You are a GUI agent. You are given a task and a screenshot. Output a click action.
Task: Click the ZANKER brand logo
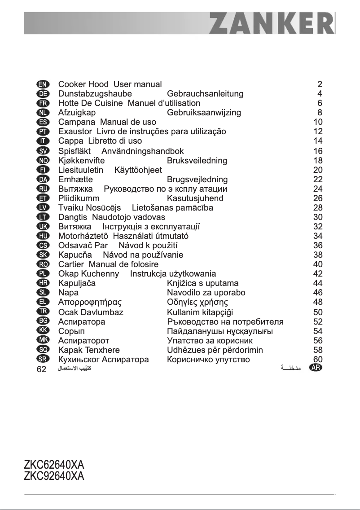[x=271, y=23]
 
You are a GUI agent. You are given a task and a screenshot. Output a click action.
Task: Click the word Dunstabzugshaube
[x=95, y=94]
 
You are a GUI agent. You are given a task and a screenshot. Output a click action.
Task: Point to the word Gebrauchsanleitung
[x=205, y=94]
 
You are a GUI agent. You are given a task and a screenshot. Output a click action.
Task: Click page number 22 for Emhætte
[x=318, y=179]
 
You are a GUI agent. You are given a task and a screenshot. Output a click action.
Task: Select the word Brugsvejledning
[x=197, y=179]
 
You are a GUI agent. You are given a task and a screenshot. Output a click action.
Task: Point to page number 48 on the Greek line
[x=318, y=302]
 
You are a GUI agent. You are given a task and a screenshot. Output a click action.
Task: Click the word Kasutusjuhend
[x=195, y=198]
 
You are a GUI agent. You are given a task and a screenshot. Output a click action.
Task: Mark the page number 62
[x=41, y=369]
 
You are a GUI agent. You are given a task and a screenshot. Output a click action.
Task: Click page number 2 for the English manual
[x=320, y=84]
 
